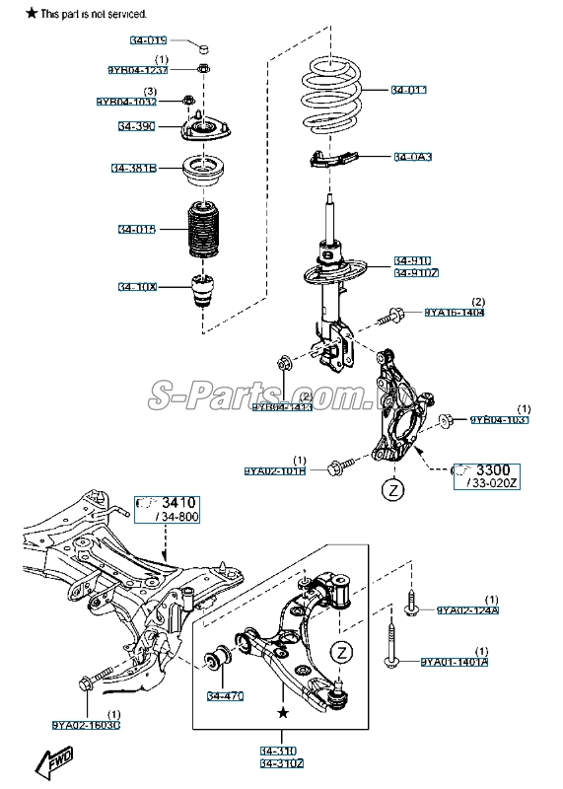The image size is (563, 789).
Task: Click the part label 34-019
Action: pyautogui.click(x=148, y=41)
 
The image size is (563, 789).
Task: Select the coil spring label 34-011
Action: pyautogui.click(x=409, y=91)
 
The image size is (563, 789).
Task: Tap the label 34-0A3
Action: pyautogui.click(x=413, y=157)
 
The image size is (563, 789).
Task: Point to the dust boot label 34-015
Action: pyautogui.click(x=137, y=230)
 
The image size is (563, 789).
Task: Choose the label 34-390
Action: pyautogui.click(x=135, y=127)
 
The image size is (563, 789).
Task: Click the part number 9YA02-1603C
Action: pyautogui.click(x=87, y=725)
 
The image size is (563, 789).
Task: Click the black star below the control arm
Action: pyautogui.click(x=283, y=711)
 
